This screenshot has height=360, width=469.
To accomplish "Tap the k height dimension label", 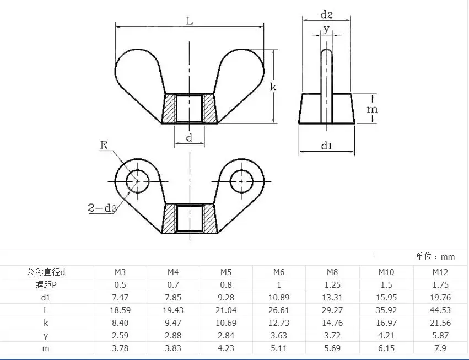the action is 273,87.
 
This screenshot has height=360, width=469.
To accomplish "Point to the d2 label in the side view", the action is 326,14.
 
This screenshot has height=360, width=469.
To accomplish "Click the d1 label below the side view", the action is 326,146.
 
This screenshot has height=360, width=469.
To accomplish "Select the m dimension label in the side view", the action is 372,110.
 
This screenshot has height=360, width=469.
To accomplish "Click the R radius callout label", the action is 104,145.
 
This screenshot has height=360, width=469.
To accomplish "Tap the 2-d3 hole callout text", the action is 102,208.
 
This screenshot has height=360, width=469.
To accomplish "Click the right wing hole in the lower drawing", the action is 242,181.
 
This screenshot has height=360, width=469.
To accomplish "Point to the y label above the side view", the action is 326,29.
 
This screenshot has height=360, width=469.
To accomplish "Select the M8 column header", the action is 332,272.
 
